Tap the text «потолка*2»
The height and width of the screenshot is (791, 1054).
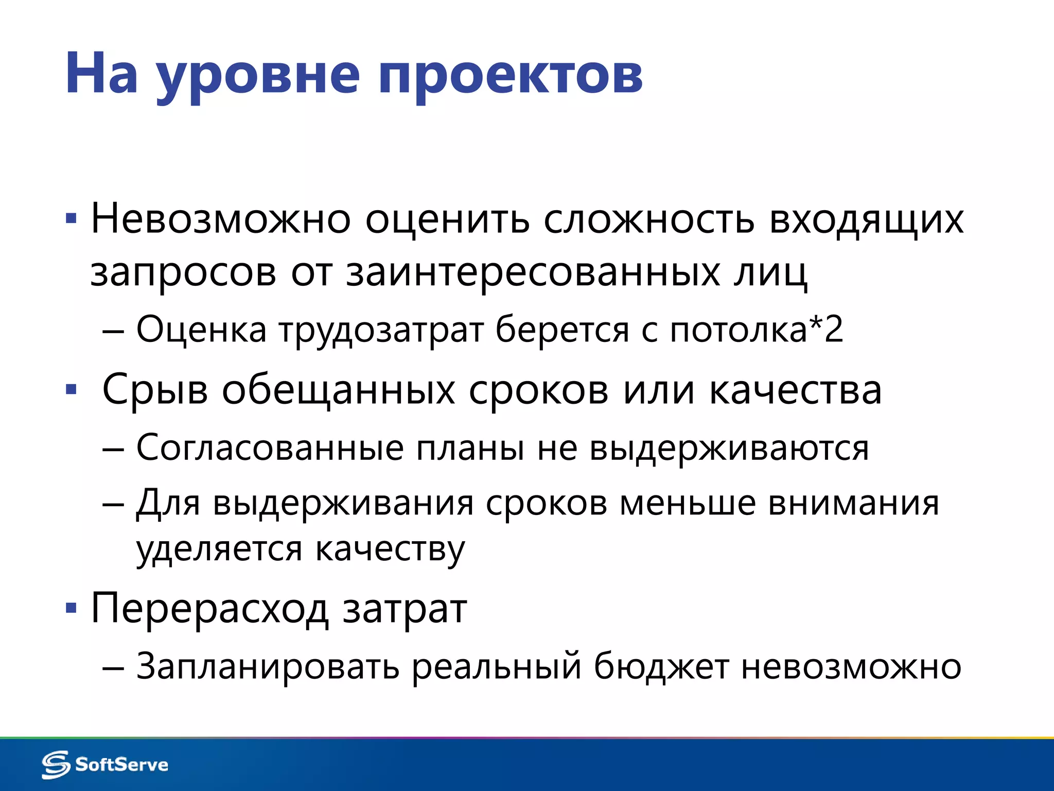(x=756, y=329)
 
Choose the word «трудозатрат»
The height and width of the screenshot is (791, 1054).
(x=381, y=330)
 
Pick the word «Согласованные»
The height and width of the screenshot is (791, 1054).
(x=270, y=448)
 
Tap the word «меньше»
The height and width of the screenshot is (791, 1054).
(x=688, y=503)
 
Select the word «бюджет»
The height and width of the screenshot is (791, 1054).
(x=661, y=666)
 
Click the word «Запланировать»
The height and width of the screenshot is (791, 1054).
(x=268, y=666)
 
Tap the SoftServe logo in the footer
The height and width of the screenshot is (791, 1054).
(x=105, y=764)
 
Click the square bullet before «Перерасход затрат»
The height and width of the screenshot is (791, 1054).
(x=71, y=609)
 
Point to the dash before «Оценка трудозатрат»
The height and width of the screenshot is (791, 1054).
(x=113, y=330)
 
